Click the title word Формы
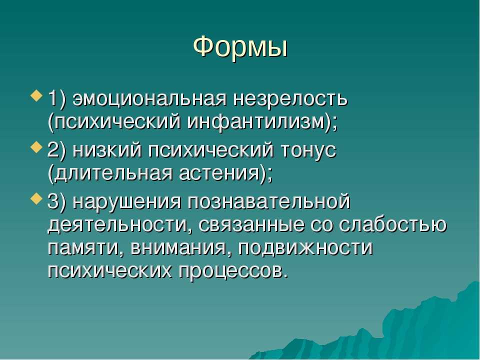tap(240, 47)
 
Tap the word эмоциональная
tap(150, 99)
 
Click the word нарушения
tap(127, 202)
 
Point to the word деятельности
tap(117, 225)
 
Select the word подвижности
tap(305, 248)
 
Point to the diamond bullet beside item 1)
tap(36, 96)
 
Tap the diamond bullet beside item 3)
tap(36, 198)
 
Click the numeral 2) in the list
tap(57, 150)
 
